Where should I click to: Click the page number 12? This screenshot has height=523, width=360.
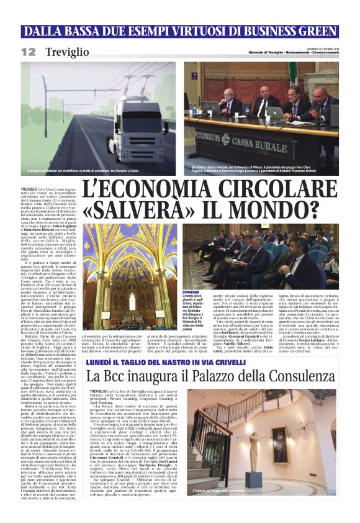(x=28, y=52)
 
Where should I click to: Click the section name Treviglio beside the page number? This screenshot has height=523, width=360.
(x=67, y=52)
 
